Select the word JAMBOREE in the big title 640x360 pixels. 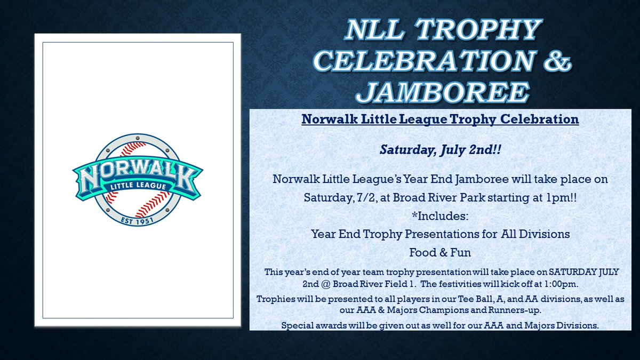[x=443, y=92]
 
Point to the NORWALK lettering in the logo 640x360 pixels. [x=138, y=172]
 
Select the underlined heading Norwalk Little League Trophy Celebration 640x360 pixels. [x=440, y=119]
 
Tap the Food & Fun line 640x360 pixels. [x=440, y=250]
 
